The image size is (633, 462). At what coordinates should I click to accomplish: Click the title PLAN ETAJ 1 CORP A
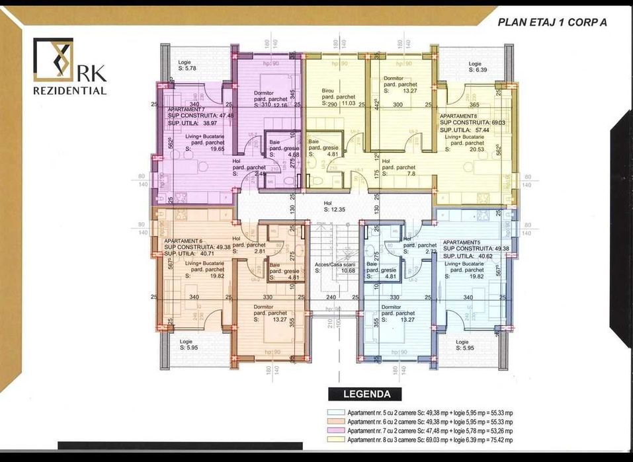[x=551, y=22]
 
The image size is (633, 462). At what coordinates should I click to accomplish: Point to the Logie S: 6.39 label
[x=478, y=66]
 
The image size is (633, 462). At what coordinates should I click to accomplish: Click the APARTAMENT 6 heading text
[x=183, y=241]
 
